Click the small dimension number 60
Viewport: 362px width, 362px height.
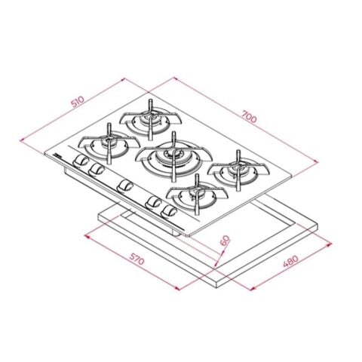(224, 242)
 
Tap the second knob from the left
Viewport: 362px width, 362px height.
(95, 171)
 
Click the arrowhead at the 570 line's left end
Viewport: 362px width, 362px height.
(87, 235)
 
